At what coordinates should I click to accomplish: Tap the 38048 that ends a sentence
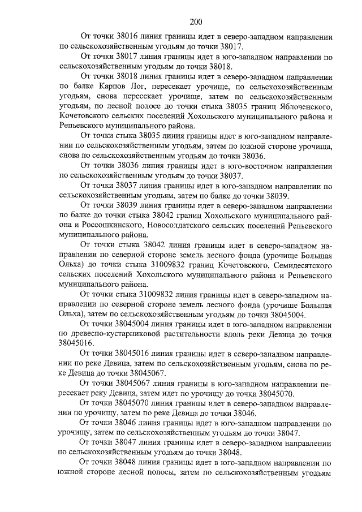coord(228,453)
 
